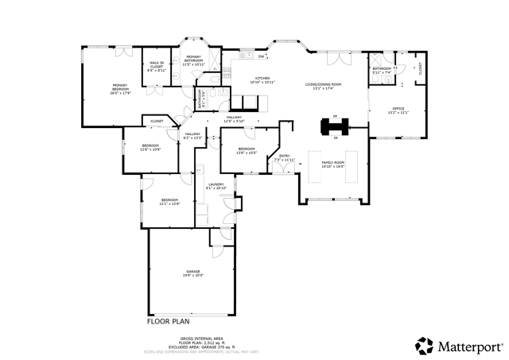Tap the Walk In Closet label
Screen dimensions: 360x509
coord(156,66)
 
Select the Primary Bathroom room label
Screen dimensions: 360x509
coord(193,60)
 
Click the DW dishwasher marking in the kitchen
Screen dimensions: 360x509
coord(262,56)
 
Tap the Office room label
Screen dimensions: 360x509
coord(398,110)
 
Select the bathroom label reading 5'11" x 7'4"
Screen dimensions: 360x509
coord(382,71)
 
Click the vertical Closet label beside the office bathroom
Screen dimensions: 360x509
coord(420,69)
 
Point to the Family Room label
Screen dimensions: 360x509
coord(332,165)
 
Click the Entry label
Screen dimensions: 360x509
coord(284,157)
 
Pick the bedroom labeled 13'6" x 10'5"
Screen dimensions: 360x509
coord(246,150)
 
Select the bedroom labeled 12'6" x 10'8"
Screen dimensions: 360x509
coord(150,147)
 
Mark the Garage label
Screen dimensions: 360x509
coord(193,273)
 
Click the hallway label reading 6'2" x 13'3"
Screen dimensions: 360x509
coord(193,135)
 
